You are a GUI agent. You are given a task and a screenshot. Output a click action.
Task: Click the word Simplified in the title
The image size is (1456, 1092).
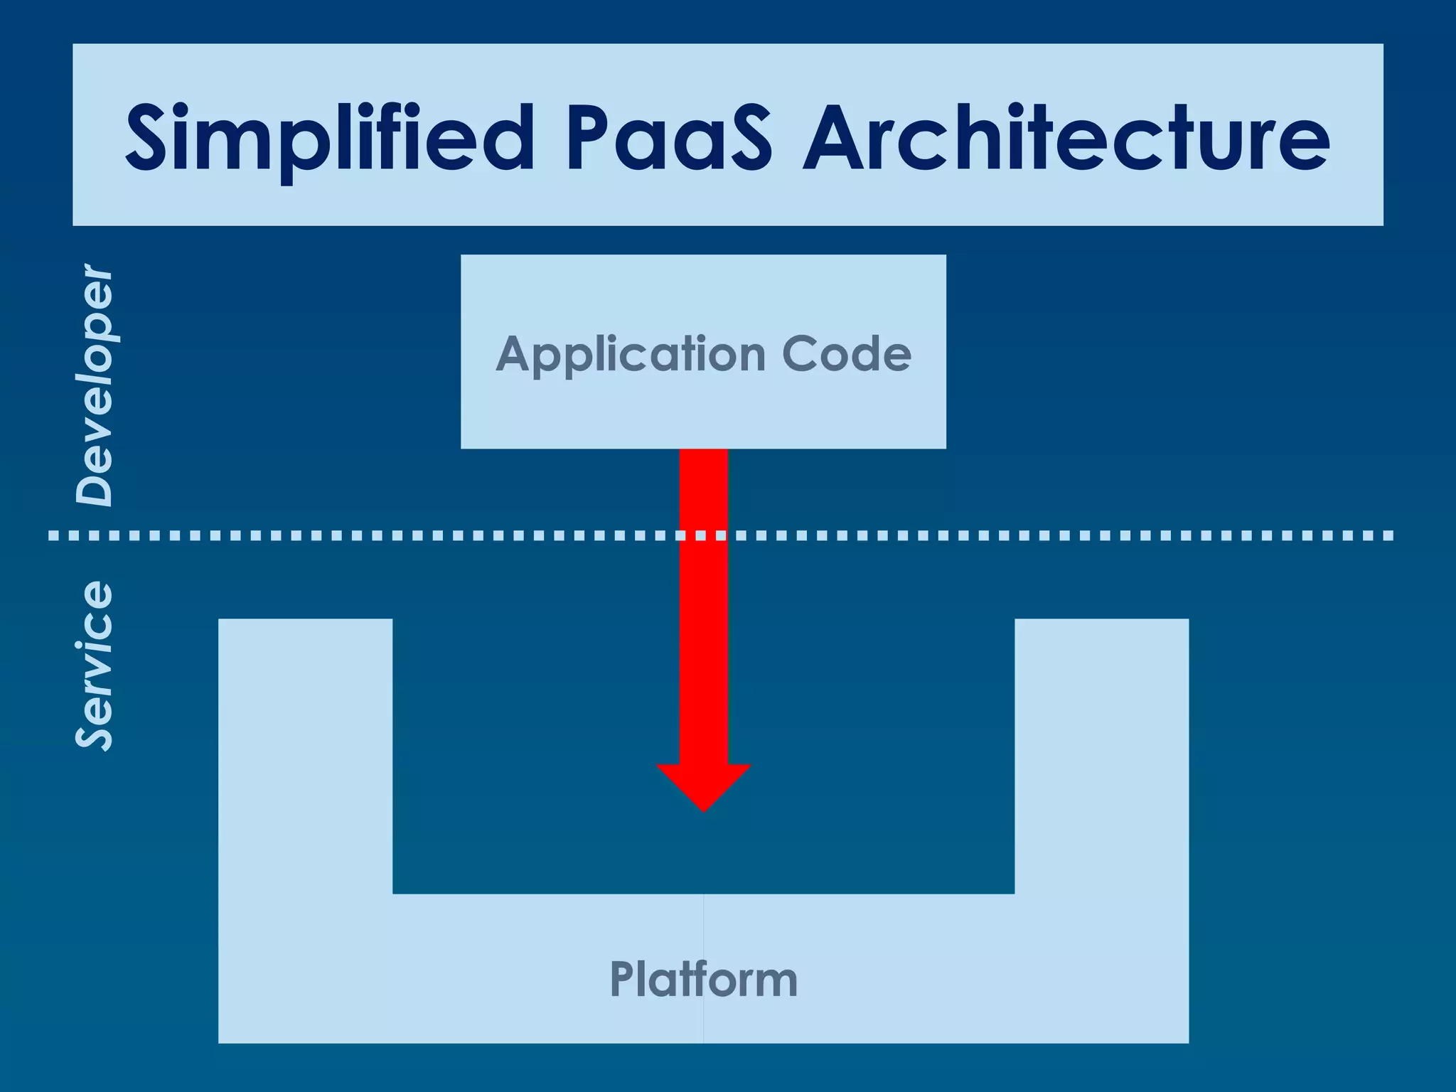tap(328, 138)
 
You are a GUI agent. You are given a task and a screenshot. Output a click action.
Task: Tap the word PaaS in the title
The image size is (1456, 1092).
tap(668, 138)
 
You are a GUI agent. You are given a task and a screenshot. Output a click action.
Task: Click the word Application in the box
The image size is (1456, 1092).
tap(630, 354)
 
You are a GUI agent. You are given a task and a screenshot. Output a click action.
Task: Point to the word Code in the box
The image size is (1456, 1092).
tap(846, 354)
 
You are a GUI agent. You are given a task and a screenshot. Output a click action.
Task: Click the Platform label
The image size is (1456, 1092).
tap(703, 980)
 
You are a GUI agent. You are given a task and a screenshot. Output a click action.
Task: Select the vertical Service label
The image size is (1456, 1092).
tap(95, 665)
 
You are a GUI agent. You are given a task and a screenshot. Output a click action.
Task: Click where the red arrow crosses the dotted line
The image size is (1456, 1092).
tap(703, 535)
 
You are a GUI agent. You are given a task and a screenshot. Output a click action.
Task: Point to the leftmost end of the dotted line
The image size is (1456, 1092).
tap(53, 535)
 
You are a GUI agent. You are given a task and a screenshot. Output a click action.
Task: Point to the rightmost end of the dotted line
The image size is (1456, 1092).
tap(1388, 535)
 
